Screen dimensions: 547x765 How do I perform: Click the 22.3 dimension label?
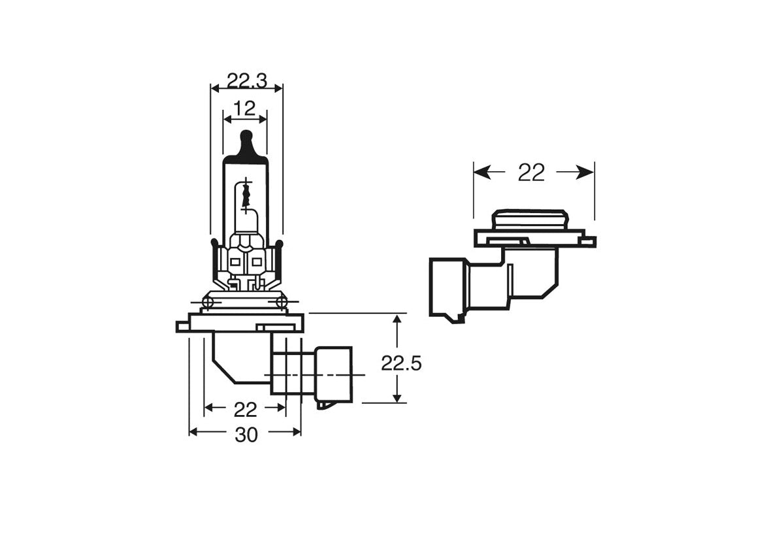[x=246, y=80]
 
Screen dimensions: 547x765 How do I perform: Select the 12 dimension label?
[x=245, y=109]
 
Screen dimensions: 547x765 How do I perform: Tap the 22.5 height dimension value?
[x=401, y=364]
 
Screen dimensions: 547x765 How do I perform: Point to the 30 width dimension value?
[x=246, y=435]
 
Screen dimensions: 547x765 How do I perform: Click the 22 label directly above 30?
[x=245, y=410]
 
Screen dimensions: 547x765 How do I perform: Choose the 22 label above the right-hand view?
[x=531, y=173]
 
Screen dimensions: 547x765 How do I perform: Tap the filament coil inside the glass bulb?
[x=246, y=195]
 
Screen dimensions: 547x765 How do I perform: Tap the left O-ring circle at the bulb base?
[x=208, y=302]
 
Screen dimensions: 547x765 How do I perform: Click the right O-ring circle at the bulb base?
[x=282, y=302]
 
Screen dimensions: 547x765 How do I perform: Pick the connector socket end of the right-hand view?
[x=447, y=288]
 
